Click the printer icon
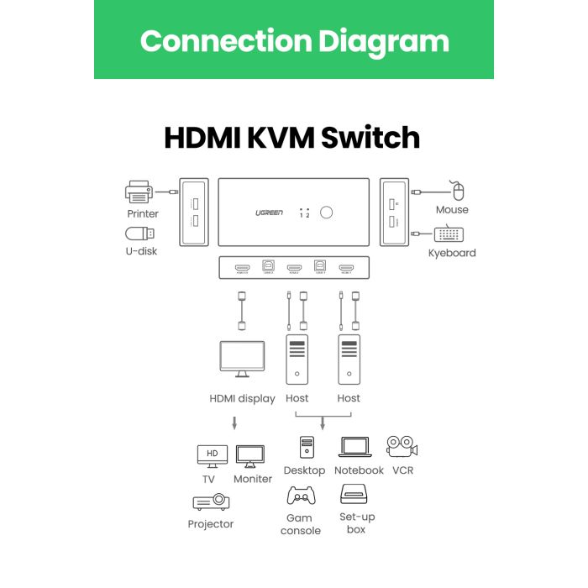[139, 193]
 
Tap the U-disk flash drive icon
[139, 234]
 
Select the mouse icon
[456, 190]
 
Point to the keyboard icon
[451, 235]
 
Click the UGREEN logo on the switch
[269, 213]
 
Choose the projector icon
[211, 501]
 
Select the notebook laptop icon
[356, 448]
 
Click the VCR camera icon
[402, 446]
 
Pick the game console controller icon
[301, 496]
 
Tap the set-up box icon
[356, 494]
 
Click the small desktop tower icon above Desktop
[306, 447]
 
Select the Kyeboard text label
[452, 253]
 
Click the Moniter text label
[253, 479]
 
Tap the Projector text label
[211, 524]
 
